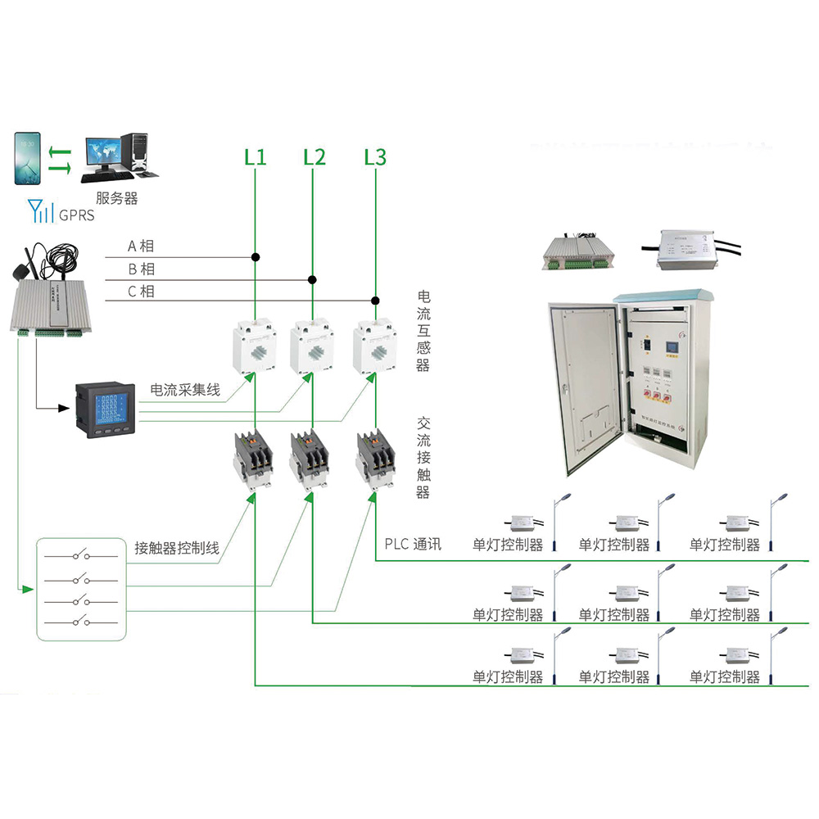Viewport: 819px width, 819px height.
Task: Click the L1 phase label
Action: [256, 156]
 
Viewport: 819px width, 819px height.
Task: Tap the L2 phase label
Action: [314, 156]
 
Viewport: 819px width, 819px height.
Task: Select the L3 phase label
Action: [375, 156]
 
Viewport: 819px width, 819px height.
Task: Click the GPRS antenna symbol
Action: [38, 211]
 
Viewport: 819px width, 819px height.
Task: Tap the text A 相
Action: [140, 246]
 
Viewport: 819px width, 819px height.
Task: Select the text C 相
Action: [140, 292]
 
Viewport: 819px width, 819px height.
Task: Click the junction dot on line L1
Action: [256, 257]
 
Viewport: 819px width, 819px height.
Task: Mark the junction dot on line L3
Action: [375, 301]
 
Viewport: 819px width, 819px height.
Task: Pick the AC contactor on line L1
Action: [254, 459]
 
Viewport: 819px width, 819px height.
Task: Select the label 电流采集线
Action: [185, 391]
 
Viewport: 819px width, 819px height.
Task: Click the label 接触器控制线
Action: [177, 549]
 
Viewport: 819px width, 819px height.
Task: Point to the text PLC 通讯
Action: [413, 544]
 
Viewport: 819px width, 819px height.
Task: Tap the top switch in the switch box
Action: [80, 557]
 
